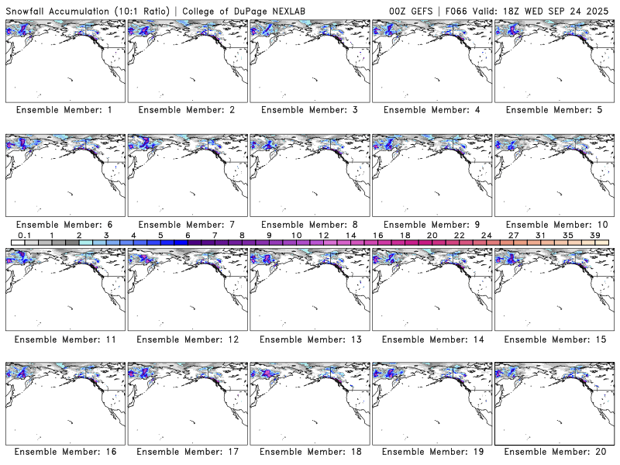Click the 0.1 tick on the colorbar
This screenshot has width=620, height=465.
click(24, 235)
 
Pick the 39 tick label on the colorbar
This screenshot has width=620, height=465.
click(594, 235)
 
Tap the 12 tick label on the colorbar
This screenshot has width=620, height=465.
click(323, 235)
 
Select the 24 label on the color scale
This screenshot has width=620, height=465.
click(486, 235)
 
